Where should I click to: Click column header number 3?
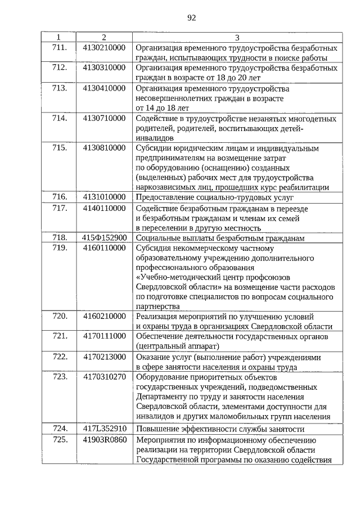tap(237, 38)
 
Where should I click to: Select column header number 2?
tap(103, 38)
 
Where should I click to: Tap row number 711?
tap(60, 47)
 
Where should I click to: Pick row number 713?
tap(60, 88)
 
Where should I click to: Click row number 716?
tap(60, 197)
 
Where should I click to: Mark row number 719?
tap(60, 247)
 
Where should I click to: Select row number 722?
tap(60, 357)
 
